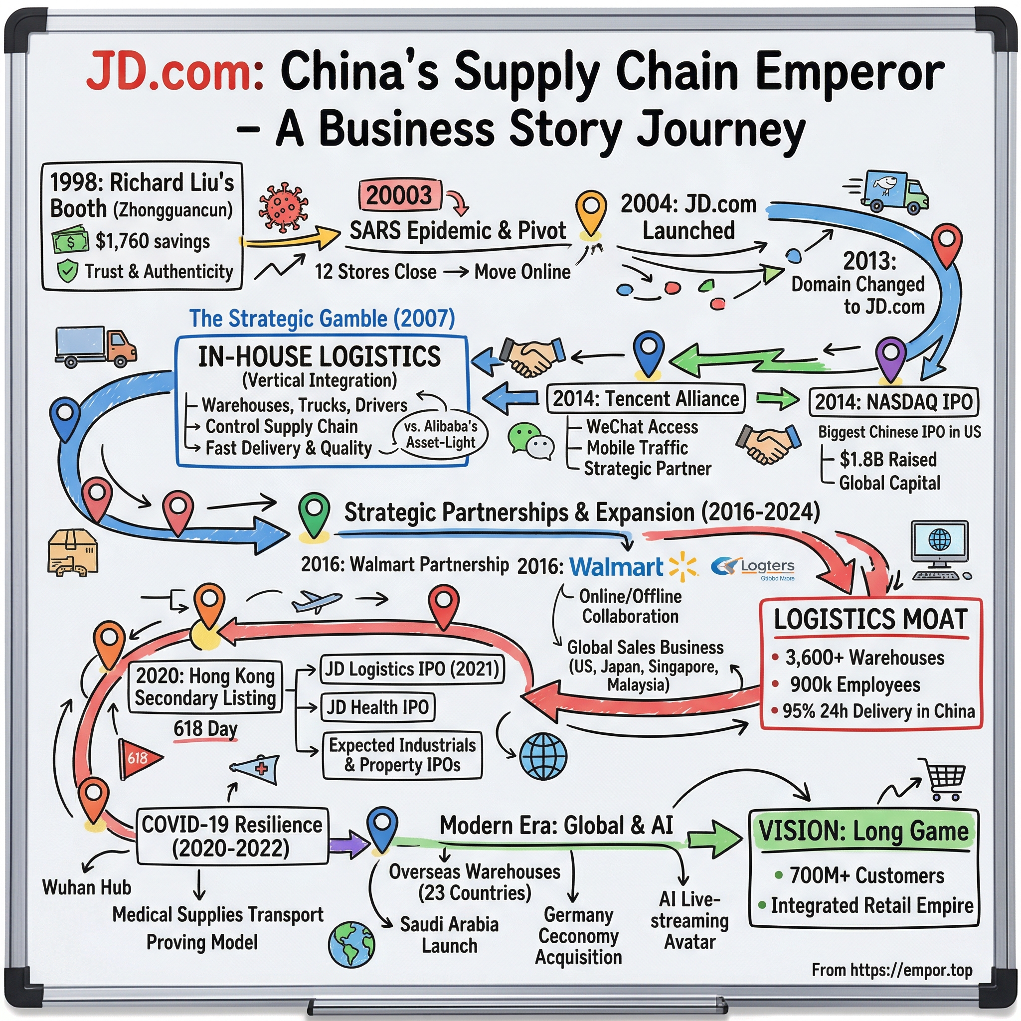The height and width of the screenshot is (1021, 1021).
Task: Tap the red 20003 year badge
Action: point(399,195)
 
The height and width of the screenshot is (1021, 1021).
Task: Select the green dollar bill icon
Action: point(70,241)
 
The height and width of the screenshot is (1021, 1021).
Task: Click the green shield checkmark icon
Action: point(68,271)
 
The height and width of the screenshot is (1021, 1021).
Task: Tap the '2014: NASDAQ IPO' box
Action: point(893,402)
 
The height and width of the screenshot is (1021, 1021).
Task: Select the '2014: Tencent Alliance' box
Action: point(645,399)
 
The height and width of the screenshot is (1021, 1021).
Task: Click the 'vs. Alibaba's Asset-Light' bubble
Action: point(440,434)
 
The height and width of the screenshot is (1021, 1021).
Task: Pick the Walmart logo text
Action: point(616,567)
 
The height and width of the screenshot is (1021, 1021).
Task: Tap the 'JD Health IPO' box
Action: point(377,707)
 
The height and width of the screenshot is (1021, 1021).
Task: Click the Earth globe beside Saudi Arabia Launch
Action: point(351,944)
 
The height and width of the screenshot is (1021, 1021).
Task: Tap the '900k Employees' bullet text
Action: point(854,684)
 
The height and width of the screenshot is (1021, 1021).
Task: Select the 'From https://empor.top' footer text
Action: point(891,970)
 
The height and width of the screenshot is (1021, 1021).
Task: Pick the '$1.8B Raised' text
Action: point(888,459)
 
